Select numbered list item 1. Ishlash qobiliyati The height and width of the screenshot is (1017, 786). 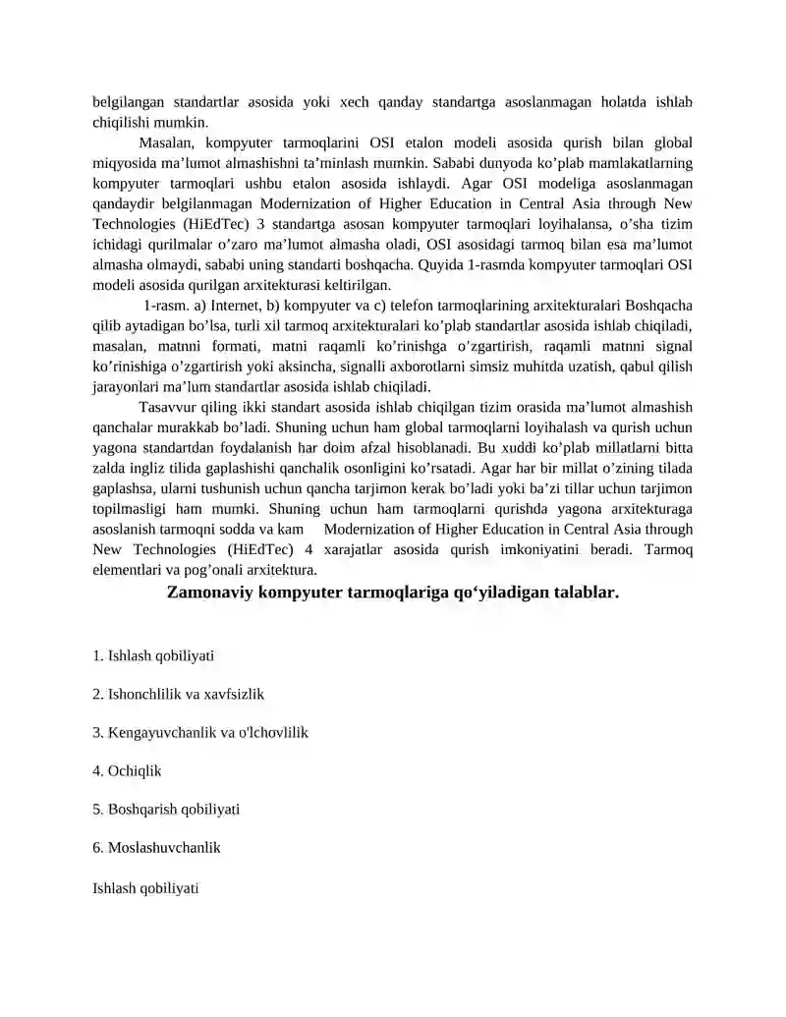tap(153, 655)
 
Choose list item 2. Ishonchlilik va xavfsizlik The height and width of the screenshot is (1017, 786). tap(178, 694)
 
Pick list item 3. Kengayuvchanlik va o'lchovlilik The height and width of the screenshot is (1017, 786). tap(200, 732)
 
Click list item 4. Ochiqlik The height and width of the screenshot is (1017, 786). tap(127, 771)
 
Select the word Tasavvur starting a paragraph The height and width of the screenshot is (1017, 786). tap(167, 408)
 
